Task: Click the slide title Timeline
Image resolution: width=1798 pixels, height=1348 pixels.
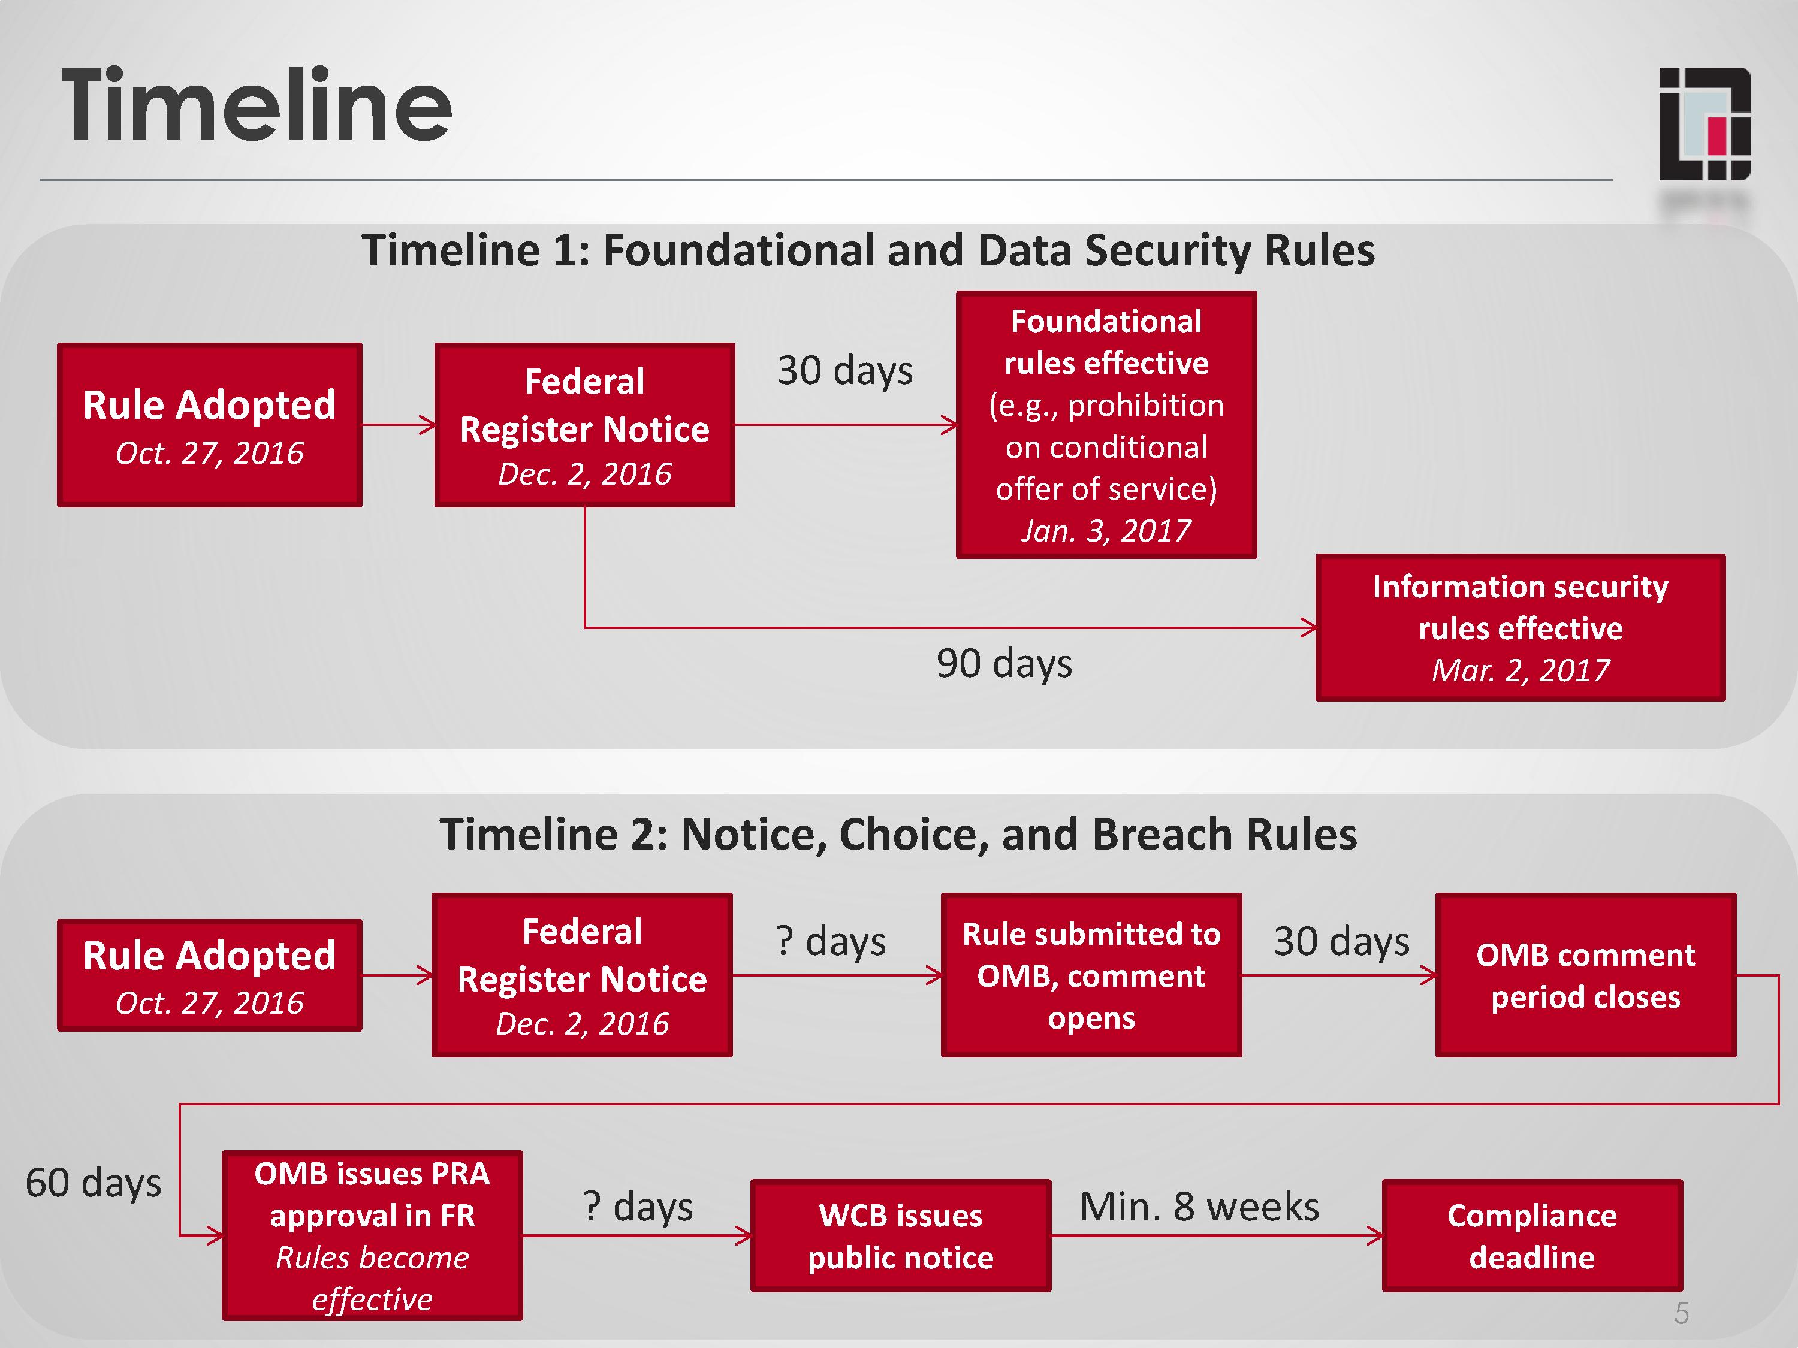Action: point(256,105)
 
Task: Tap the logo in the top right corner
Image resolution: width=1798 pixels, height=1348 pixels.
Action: point(1705,123)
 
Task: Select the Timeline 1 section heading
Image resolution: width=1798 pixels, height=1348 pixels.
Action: point(867,250)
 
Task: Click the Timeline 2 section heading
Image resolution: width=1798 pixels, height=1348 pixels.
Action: point(897,835)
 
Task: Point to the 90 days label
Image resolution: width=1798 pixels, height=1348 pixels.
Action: point(1004,663)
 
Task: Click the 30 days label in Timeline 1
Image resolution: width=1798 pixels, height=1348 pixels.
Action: point(844,370)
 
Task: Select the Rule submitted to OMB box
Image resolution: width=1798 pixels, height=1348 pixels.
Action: point(1091,975)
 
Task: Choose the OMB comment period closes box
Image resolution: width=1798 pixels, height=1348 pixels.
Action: point(1585,975)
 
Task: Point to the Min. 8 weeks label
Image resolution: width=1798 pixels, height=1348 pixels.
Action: point(1199,1207)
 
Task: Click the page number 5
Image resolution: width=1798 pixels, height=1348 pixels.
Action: point(1681,1314)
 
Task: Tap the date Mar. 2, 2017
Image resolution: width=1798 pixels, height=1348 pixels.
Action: point(1519,670)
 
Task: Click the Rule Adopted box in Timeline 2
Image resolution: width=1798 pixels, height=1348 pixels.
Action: point(209,975)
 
